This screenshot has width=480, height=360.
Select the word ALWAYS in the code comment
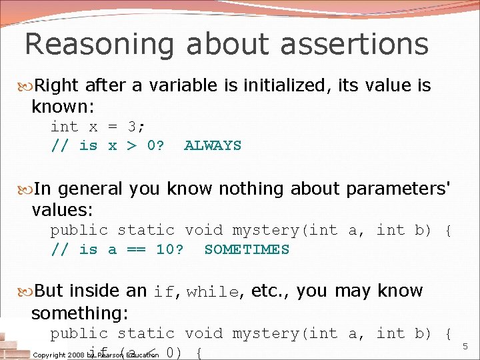coord(213,145)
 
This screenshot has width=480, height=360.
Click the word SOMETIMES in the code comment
coord(247,249)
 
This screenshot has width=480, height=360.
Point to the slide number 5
coord(465,347)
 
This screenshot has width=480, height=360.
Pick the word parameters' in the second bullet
coord(398,189)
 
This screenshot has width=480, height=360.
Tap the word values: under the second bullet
coord(62,211)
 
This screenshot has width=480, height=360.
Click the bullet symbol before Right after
coord(27,86)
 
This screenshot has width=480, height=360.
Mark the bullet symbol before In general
coord(27,189)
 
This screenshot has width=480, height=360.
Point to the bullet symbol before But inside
coord(27,291)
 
